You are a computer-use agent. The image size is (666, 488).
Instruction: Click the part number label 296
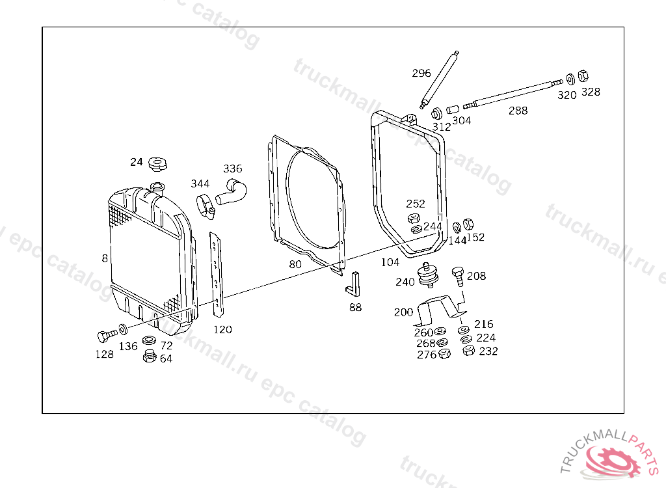pos(421,73)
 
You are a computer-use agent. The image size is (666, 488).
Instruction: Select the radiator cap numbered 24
pos(157,164)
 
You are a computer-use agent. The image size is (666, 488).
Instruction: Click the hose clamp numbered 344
pos(206,207)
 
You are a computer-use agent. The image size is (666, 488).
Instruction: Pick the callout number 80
pos(295,264)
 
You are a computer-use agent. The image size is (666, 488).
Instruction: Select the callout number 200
pos(403,312)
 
